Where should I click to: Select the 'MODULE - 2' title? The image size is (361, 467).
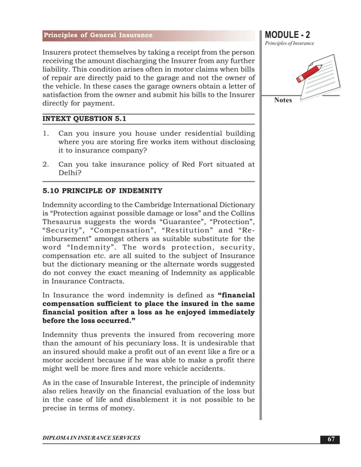287,34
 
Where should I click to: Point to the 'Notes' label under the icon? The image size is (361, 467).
283,101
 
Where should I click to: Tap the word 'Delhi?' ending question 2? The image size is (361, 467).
70,174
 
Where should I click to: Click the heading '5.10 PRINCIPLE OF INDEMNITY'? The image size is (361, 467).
102,191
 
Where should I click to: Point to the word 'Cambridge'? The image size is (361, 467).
144,204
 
